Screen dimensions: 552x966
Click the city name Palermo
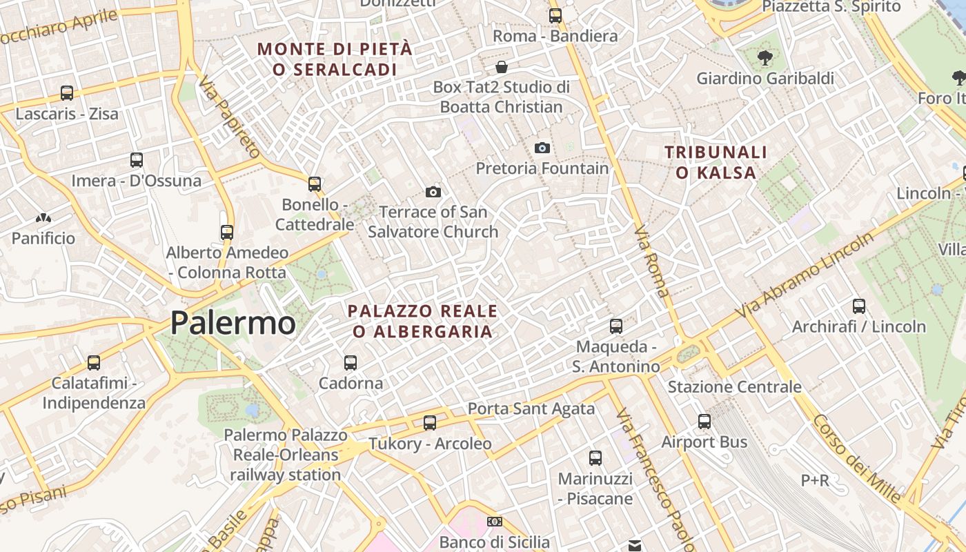pyautogui.click(x=233, y=323)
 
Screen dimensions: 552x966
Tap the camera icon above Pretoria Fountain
pyautogui.click(x=542, y=148)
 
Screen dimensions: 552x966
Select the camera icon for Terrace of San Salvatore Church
pyautogui.click(x=433, y=192)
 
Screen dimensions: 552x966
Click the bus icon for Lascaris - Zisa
pyautogui.click(x=67, y=93)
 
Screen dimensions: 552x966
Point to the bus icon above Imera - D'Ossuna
pyautogui.click(x=137, y=160)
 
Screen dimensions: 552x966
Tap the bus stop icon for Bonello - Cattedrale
pyautogui.click(x=315, y=184)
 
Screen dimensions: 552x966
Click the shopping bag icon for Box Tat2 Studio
pyautogui.click(x=502, y=67)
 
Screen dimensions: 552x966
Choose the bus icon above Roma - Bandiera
pyautogui.click(x=555, y=15)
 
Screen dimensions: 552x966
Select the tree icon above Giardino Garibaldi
pyautogui.click(x=765, y=58)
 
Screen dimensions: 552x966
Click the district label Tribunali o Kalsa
pyautogui.click(x=717, y=162)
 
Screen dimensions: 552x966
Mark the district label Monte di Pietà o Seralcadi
pyautogui.click(x=335, y=59)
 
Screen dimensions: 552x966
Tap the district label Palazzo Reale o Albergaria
pyautogui.click(x=422, y=322)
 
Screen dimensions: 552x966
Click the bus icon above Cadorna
pyautogui.click(x=351, y=362)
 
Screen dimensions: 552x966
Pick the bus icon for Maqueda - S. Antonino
pyautogui.click(x=616, y=326)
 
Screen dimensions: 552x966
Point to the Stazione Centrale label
pyautogui.click(x=734, y=387)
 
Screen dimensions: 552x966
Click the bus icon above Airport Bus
pyautogui.click(x=704, y=421)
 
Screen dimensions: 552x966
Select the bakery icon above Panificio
pyautogui.click(x=43, y=218)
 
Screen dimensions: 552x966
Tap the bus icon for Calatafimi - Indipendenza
pyautogui.click(x=94, y=362)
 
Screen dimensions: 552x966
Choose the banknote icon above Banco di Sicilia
pyautogui.click(x=494, y=522)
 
